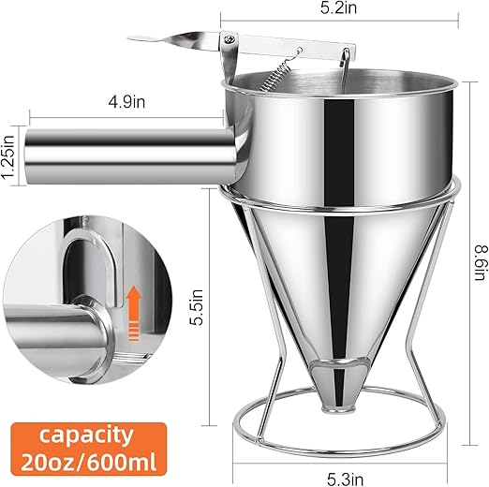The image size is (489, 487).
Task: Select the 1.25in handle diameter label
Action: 9,151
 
